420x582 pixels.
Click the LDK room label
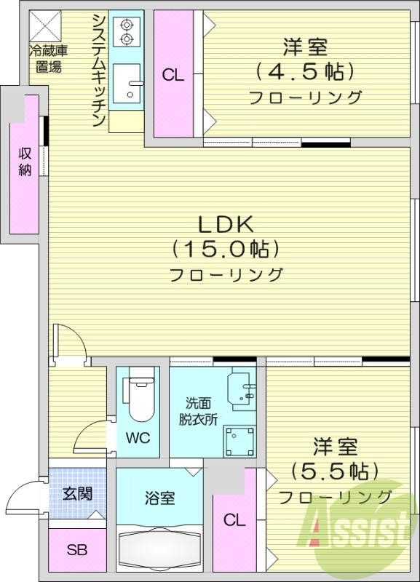[x=226, y=224]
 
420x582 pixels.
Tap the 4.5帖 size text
[x=304, y=71]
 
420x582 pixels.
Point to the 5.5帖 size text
[x=335, y=471]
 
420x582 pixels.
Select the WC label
[x=138, y=438]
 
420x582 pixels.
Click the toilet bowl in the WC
[x=138, y=394]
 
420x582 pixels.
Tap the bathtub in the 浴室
[x=159, y=549]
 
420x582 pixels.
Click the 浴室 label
[x=159, y=498]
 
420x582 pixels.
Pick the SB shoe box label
[x=77, y=550]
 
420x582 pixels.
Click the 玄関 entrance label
[x=77, y=494]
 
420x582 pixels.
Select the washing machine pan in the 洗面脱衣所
[x=239, y=442]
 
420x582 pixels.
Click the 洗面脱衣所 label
[x=198, y=411]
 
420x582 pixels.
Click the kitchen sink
[x=127, y=83]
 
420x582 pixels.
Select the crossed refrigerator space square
[x=45, y=26]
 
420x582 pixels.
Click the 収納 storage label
[x=25, y=162]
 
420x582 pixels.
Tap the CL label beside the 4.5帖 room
[x=173, y=76]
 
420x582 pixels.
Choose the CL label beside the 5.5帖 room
[x=234, y=520]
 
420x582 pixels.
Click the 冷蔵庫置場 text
[x=48, y=59]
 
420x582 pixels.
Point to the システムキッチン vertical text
[x=99, y=70]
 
